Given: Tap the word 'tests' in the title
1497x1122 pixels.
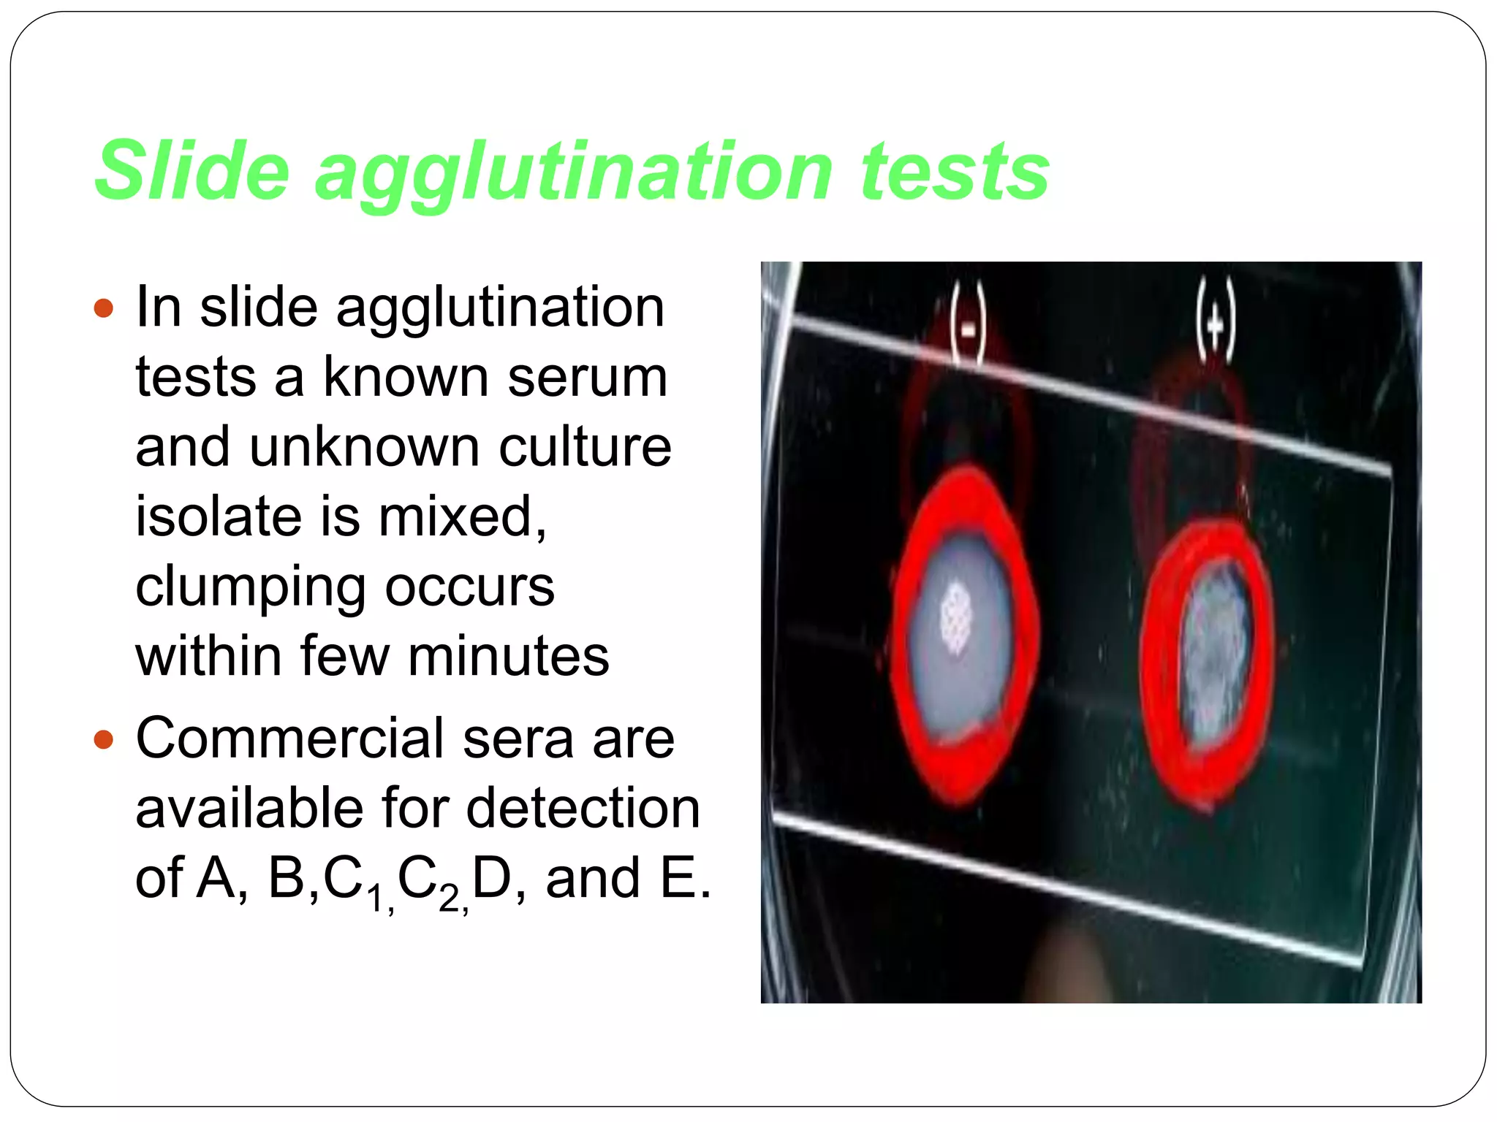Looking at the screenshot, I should (x=955, y=170).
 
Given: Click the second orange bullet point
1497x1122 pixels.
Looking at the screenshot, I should (x=105, y=740).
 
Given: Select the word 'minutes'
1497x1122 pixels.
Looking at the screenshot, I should (x=508, y=655).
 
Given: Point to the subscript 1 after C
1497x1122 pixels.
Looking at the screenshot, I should (x=375, y=897).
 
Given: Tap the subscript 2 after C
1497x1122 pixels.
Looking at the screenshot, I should (x=448, y=897).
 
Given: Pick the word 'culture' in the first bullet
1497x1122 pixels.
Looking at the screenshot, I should (x=585, y=446).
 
